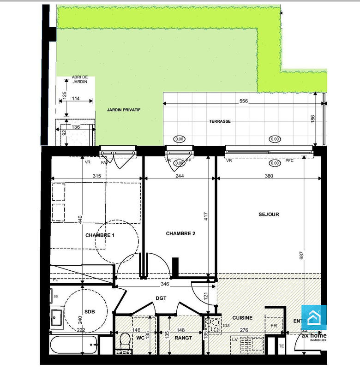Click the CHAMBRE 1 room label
click(100, 235)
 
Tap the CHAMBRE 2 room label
click(180, 234)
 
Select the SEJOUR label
click(269, 214)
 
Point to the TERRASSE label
click(220, 121)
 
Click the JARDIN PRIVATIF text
click(123, 110)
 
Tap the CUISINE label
click(242, 318)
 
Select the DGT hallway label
click(161, 298)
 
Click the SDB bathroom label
click(90, 311)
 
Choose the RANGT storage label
click(180, 338)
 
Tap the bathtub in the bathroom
click(74, 343)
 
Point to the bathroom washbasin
click(57, 317)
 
